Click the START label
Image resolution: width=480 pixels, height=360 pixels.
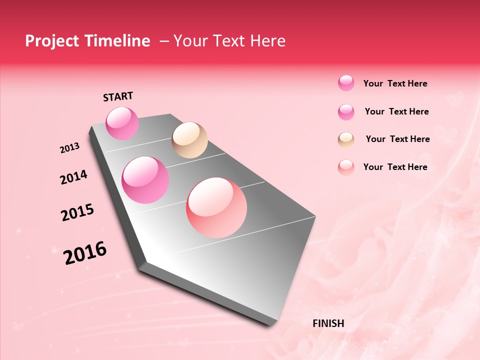click(118, 96)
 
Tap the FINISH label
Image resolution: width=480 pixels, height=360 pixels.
click(328, 323)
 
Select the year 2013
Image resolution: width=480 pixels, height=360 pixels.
click(69, 148)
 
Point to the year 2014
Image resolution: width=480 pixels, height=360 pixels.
click(73, 177)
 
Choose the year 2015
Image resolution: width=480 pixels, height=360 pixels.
click(77, 212)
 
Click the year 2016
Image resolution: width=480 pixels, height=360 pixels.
click(85, 253)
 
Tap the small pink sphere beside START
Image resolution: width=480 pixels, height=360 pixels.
click(122, 123)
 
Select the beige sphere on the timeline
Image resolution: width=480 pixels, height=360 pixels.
click(189, 140)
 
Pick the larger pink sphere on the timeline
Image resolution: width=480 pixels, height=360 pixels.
click(145, 180)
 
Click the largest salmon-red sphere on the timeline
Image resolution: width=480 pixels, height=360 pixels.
click(216, 207)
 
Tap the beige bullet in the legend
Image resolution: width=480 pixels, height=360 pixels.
click(346, 139)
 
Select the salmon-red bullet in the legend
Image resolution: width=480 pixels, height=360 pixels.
click(346, 167)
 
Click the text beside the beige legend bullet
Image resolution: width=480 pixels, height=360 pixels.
click(397, 139)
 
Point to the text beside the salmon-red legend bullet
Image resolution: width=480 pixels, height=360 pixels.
click(395, 167)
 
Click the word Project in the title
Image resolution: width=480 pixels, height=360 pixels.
click(52, 41)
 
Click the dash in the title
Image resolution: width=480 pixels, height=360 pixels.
click(164, 41)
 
